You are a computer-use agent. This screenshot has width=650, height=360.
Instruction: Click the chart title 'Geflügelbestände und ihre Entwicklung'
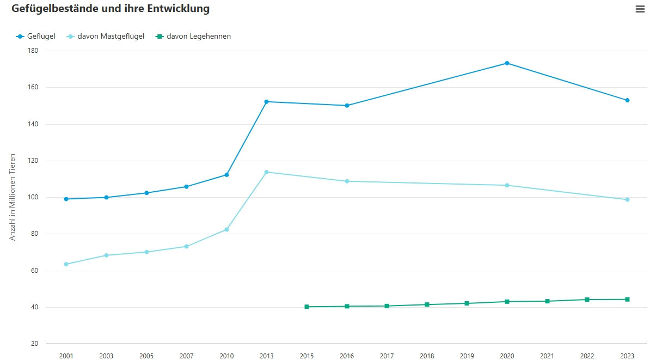(111, 9)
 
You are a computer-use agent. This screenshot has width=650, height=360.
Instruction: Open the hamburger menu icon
(640, 9)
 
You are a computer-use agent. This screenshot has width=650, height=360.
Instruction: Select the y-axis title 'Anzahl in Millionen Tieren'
(13, 197)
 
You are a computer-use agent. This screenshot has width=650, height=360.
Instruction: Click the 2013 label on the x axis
(266, 356)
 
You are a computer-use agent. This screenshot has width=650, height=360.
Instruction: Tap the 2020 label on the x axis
(507, 356)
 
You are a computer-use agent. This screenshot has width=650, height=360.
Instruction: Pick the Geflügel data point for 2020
(507, 63)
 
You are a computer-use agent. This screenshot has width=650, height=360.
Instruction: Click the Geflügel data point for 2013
(266, 102)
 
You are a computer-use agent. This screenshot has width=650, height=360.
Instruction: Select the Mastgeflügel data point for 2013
(266, 172)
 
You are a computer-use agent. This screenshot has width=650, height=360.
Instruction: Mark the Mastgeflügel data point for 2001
(66, 264)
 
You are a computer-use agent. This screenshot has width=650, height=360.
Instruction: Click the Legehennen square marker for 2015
(306, 307)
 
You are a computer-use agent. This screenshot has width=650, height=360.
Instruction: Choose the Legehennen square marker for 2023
(627, 300)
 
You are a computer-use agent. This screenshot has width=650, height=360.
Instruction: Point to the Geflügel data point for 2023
(627, 100)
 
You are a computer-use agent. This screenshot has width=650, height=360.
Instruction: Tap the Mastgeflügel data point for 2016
(347, 181)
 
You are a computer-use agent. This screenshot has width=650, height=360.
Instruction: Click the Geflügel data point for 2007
(186, 187)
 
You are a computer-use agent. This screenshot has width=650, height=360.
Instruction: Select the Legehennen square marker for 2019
(467, 303)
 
